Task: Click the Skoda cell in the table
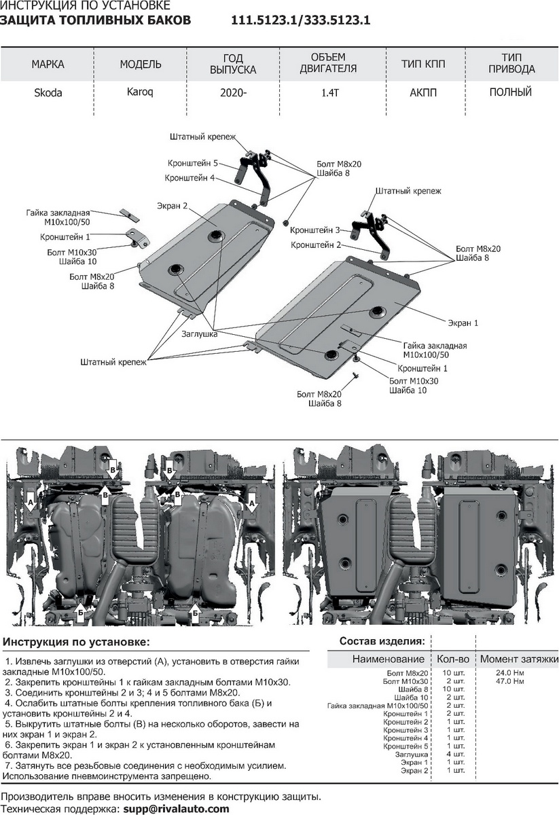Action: tap(48, 93)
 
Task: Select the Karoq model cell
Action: tap(139, 92)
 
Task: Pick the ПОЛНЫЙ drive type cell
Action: tap(510, 92)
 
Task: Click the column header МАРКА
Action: tap(48, 65)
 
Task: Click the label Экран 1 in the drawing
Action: tap(462, 323)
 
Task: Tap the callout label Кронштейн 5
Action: tap(193, 164)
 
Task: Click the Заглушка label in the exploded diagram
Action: tap(199, 334)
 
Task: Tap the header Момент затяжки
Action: tap(519, 659)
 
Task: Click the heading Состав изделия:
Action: tap(382, 641)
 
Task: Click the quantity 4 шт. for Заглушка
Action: tap(454, 754)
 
